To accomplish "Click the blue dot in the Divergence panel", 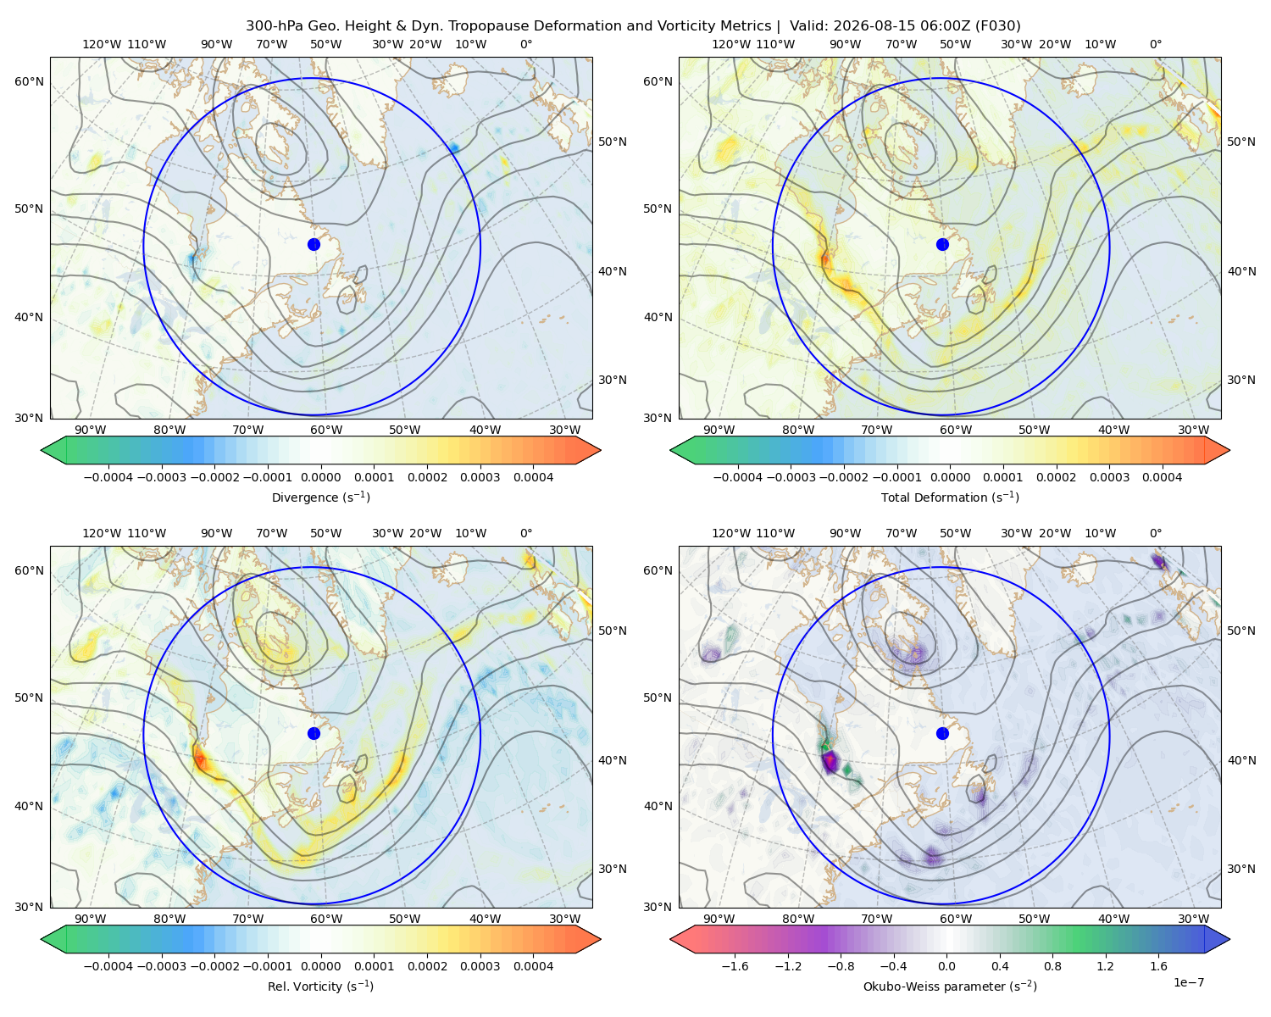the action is [x=314, y=244].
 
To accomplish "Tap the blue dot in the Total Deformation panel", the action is [x=942, y=244].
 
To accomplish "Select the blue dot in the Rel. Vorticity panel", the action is [x=314, y=733].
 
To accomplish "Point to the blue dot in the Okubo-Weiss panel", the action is [x=942, y=733].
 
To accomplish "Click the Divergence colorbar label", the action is [x=320, y=497].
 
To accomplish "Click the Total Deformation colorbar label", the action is [x=950, y=497].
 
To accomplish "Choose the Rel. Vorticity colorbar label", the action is [x=320, y=986].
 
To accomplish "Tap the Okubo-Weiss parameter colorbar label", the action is [x=950, y=986].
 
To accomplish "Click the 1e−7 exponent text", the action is [x=1188, y=982].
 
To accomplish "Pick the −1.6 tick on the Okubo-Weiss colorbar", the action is [x=735, y=965].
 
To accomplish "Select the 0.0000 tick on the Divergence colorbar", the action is [x=320, y=477].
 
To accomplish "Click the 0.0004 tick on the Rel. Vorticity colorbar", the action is [x=533, y=965].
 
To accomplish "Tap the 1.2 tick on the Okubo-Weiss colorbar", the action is [x=1106, y=965].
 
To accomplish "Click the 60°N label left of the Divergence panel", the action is [x=29, y=81].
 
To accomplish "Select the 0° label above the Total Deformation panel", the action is [x=1155, y=44].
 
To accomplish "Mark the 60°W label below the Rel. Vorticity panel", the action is [x=326, y=919].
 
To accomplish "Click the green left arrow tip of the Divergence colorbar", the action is [x=42, y=450].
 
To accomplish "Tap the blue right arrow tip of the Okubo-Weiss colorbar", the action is [x=1229, y=939].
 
